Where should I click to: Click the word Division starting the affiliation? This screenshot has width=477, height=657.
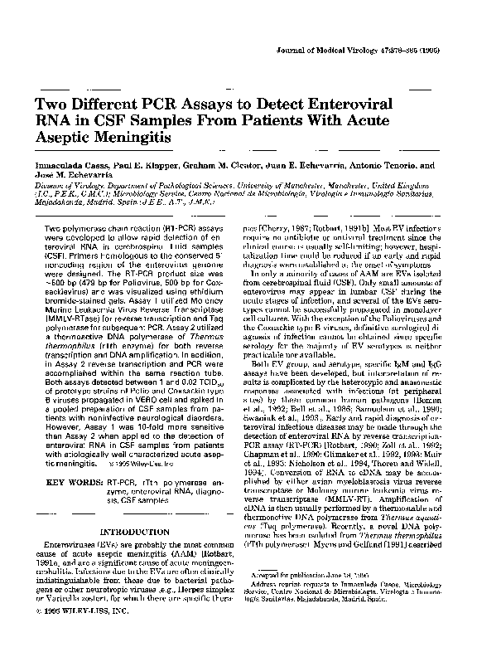click(50, 187)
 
